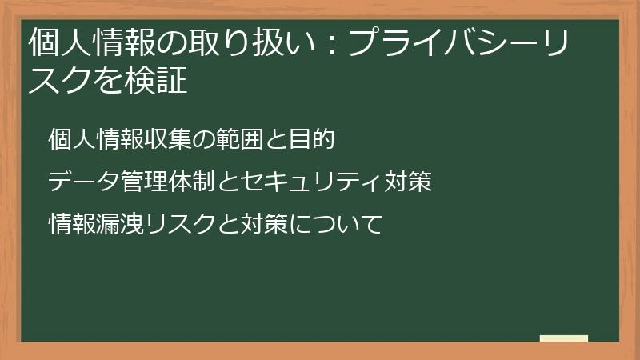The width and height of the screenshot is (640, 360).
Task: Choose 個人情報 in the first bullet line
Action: coord(96,140)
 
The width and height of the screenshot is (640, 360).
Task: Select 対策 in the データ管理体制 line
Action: coord(410,182)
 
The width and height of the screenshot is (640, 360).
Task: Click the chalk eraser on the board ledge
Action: coord(564,338)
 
